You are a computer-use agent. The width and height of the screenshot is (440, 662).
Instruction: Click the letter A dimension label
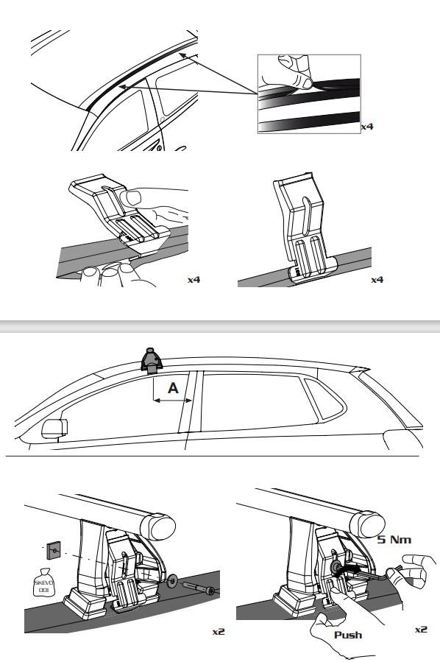[173, 388]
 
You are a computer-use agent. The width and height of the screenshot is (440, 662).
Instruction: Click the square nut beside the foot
[54, 548]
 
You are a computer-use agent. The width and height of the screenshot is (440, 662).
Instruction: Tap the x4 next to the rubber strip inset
[366, 127]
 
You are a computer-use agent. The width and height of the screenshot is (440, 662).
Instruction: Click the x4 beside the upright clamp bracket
[377, 281]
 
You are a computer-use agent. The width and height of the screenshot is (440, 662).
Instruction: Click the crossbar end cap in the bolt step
[163, 525]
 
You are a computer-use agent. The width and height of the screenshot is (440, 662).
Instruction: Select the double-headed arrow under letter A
[173, 401]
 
